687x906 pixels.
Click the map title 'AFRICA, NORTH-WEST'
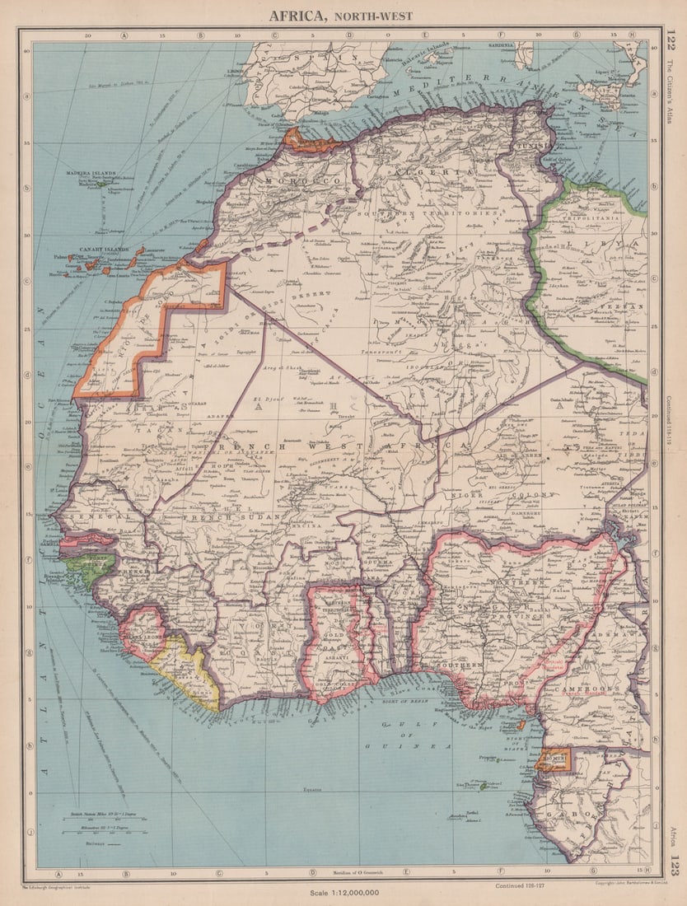point(340,15)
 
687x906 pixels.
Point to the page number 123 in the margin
point(672,866)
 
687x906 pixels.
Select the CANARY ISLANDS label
point(96,250)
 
